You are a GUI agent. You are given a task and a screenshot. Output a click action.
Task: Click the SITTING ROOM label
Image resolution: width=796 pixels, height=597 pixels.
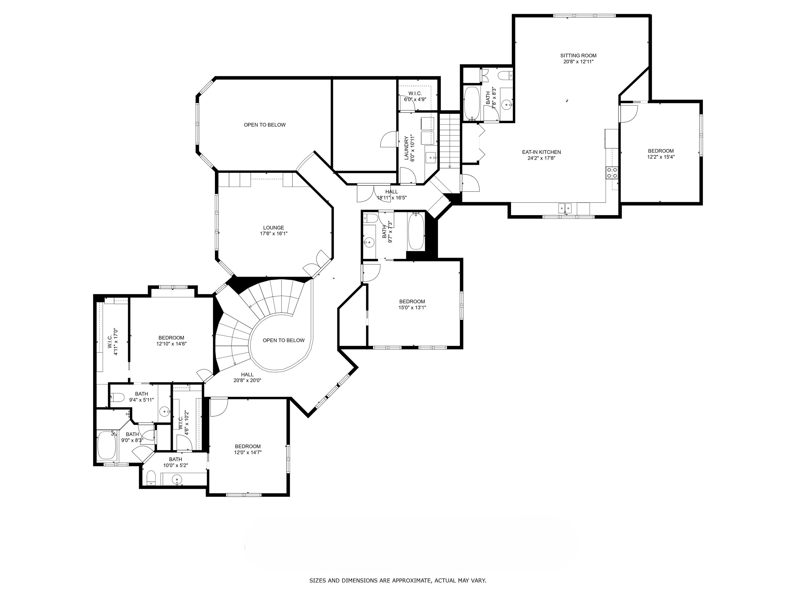click(x=578, y=55)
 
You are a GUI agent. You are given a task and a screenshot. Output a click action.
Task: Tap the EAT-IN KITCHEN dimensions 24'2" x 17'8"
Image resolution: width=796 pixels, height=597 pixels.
click(x=541, y=158)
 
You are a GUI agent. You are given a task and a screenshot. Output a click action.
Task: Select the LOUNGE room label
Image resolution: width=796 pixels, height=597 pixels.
click(x=274, y=227)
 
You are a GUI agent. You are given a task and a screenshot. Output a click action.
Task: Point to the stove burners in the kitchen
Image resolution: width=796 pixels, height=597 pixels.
click(x=612, y=173)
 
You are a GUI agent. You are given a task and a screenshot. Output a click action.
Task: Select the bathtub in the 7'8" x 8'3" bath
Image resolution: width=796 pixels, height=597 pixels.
click(x=471, y=103)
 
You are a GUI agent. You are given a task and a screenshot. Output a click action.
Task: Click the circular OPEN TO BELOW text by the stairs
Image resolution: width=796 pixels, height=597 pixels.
click(x=284, y=340)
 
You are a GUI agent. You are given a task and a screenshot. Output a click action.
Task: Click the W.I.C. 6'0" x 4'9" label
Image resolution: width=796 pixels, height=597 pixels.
click(x=415, y=96)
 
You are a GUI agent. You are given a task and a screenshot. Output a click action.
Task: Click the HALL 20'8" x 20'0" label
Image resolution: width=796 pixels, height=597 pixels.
click(x=247, y=377)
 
